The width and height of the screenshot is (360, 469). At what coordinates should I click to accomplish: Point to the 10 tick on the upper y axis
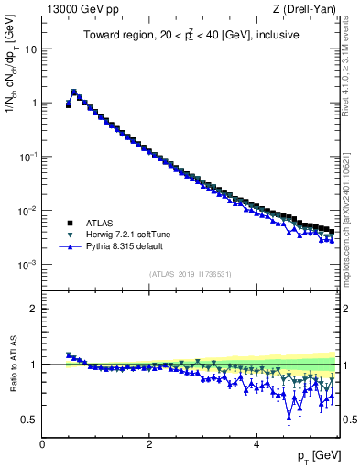[x=30, y=49]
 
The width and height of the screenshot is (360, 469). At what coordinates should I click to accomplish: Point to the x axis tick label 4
[x=256, y=444]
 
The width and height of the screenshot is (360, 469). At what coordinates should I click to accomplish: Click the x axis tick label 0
[x=42, y=444]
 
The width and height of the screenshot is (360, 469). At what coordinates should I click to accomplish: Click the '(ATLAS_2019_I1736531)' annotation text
[x=190, y=274]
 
